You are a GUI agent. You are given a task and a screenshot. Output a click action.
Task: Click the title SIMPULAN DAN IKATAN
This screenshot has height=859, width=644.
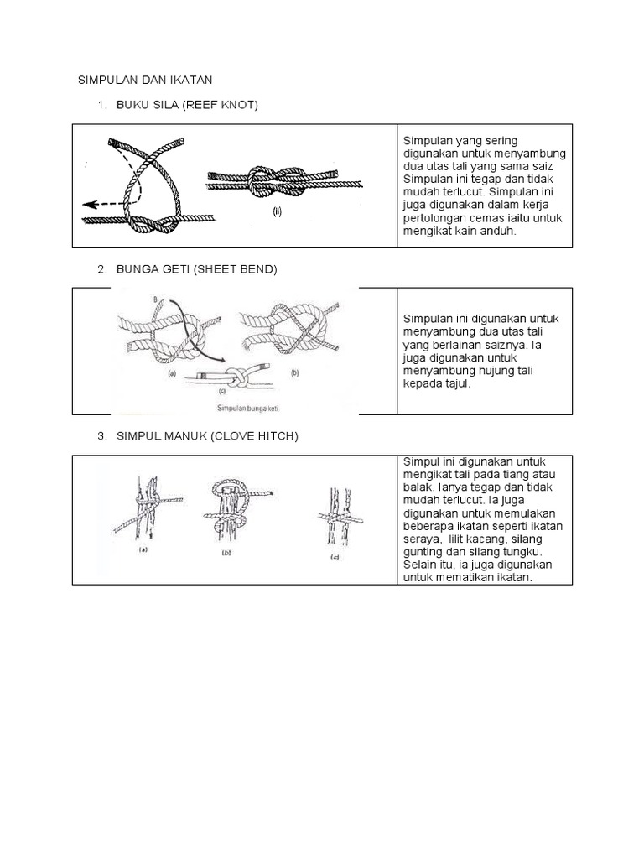click(145, 80)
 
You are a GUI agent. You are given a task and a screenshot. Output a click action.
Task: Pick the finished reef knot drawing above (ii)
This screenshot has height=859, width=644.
click(284, 180)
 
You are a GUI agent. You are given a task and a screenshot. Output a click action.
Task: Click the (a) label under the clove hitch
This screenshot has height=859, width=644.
click(142, 551)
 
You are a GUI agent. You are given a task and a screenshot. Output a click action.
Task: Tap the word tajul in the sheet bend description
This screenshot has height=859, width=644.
click(456, 384)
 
